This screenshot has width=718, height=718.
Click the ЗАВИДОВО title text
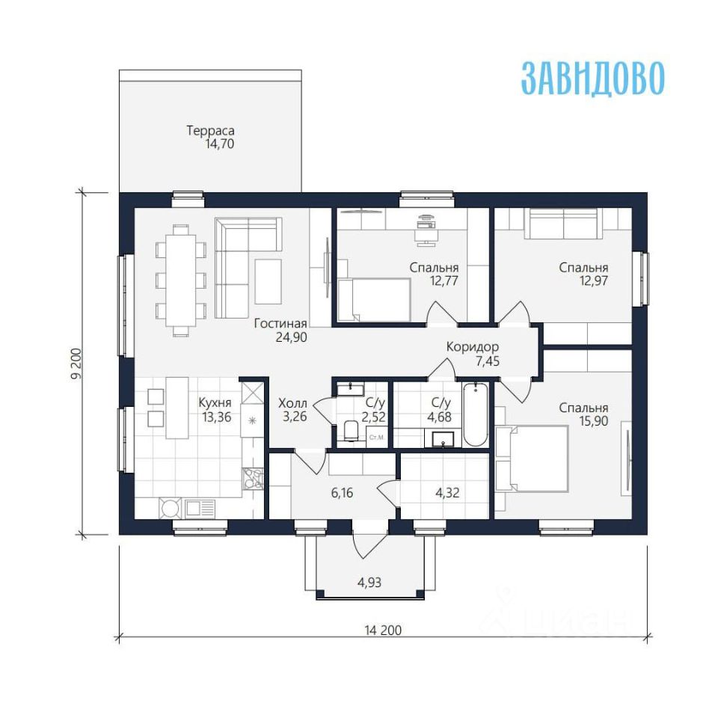(593, 79)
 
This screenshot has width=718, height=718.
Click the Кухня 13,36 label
(215, 410)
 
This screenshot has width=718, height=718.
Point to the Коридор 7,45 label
(473, 354)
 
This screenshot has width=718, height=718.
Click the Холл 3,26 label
(292, 410)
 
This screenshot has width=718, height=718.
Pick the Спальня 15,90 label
(584, 414)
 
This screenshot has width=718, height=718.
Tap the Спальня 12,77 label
(434, 274)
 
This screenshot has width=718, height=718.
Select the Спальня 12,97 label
(584, 274)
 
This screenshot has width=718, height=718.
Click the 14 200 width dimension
(383, 630)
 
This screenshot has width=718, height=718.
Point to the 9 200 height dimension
(76, 363)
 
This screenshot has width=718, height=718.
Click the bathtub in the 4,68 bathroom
(476, 414)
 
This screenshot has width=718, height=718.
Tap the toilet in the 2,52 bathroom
(352, 431)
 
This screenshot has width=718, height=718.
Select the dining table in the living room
(181, 280)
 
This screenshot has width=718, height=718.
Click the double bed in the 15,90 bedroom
(533, 458)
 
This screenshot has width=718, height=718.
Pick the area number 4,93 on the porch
(369, 583)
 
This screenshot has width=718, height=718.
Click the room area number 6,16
(342, 493)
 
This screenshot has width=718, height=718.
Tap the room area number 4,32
(447, 493)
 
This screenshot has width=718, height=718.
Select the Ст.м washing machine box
(376, 437)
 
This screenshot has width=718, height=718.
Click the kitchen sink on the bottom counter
(200, 508)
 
